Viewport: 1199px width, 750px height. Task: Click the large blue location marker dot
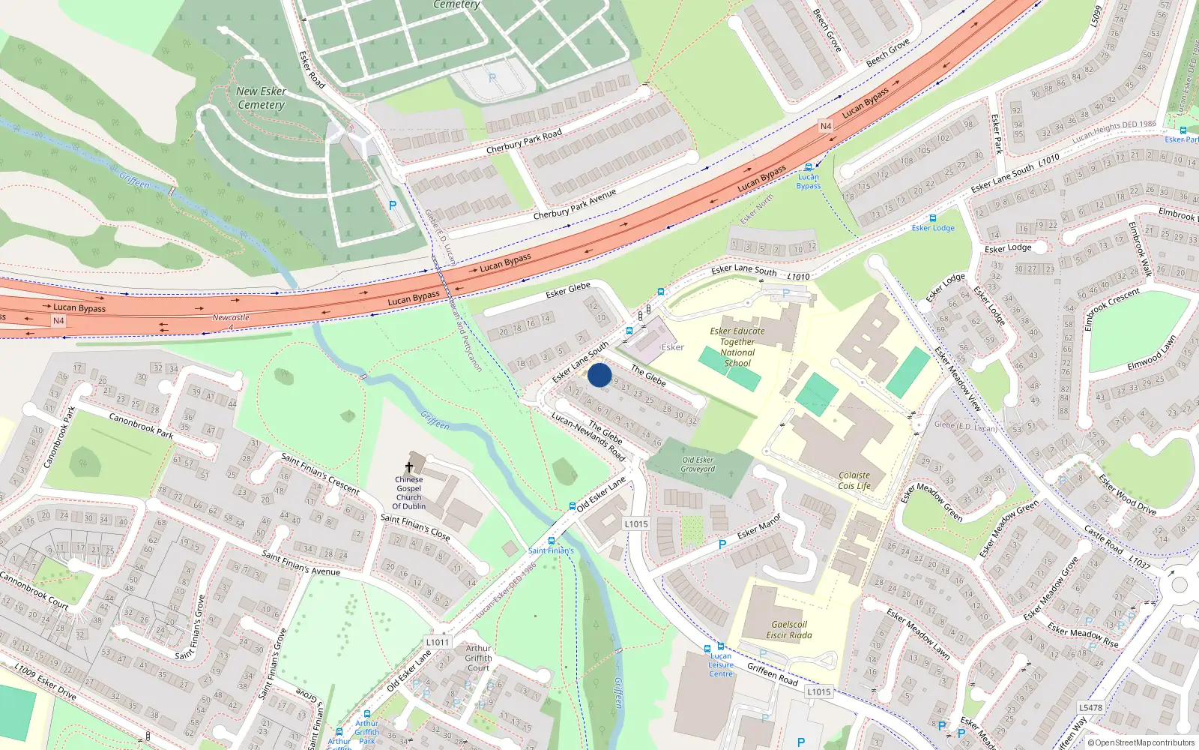coord(599,375)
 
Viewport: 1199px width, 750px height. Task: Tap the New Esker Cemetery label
coord(261,98)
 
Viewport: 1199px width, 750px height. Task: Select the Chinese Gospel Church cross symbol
coord(409,466)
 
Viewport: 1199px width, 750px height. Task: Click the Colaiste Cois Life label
coord(854,481)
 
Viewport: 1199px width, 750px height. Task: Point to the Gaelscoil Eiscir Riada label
coord(789,629)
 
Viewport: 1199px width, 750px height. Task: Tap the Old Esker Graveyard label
coord(698,464)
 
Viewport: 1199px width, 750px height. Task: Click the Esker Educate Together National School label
coord(737,346)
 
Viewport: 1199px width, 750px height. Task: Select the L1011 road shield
coord(438,642)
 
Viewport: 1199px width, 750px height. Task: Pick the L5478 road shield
coord(1090,707)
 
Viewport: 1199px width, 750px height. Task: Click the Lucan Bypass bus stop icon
coord(808,167)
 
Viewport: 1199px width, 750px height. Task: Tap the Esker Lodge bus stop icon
coord(933,218)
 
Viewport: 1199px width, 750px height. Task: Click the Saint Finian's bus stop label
coord(551,550)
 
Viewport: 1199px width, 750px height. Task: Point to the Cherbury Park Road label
coord(524,142)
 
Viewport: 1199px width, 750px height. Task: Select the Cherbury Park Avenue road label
coord(574,204)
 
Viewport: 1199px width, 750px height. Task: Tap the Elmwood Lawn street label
coord(1152,352)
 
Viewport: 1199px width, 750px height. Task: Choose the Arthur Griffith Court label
coord(478,658)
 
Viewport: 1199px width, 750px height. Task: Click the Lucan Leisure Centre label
coord(721,664)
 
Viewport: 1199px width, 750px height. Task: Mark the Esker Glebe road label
coord(568,289)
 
